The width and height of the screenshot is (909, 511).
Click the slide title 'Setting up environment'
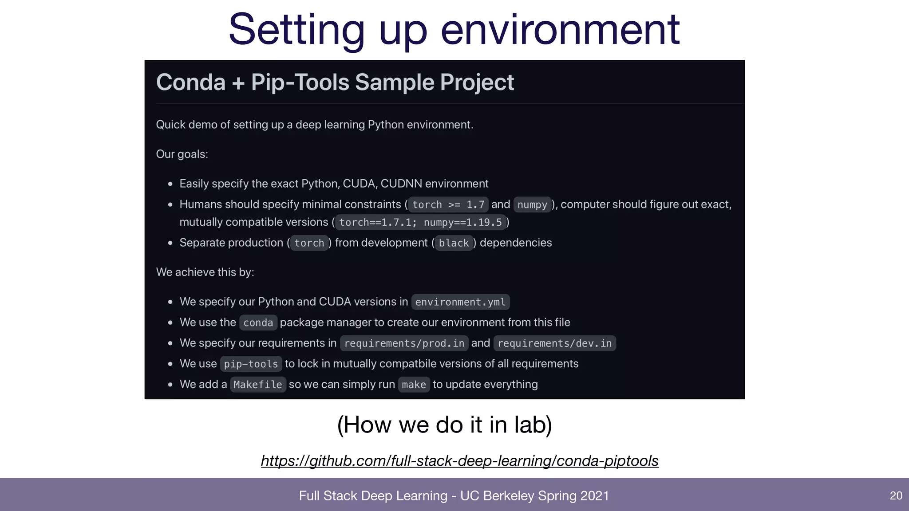454,30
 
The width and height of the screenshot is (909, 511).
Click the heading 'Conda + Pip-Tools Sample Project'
335,83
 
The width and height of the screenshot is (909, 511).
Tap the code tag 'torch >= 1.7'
448,204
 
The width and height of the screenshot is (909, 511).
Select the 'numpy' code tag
532,204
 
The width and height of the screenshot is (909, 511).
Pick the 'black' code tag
454,243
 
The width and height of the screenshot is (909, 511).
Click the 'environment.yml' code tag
460,302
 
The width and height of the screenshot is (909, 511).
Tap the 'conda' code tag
258,322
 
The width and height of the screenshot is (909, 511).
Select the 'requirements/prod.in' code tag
404,343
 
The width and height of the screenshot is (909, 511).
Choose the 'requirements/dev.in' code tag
554,343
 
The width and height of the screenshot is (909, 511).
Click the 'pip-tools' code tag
251,364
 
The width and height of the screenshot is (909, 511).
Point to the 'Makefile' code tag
258,385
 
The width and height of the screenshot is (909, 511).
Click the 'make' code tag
414,385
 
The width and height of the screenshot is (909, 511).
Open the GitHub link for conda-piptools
459,461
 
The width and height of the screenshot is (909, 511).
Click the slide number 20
896,495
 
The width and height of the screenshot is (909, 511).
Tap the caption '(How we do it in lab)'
444,425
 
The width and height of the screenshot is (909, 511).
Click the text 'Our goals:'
182,154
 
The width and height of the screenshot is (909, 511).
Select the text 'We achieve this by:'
205,272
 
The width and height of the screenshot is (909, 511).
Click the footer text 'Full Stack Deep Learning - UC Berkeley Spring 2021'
454,495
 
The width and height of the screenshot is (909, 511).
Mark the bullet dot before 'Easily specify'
170,184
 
